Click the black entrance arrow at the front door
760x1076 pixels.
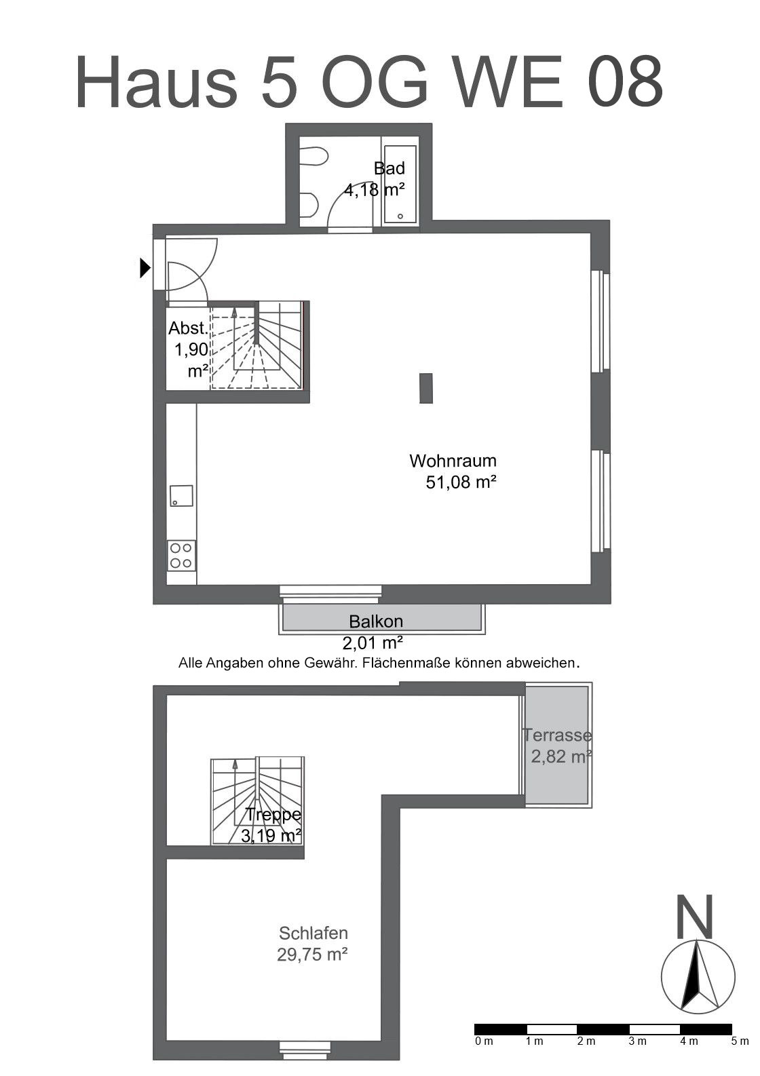[x=145, y=267]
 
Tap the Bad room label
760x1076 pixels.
[x=389, y=168]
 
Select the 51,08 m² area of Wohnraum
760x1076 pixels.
[x=461, y=482]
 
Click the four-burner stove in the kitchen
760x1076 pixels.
[x=181, y=555]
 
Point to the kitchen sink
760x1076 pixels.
[x=181, y=496]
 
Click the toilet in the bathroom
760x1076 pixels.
[x=313, y=155]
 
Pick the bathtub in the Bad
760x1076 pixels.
[x=400, y=185]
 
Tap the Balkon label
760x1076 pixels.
[x=376, y=621]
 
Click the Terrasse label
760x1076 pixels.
[x=557, y=735]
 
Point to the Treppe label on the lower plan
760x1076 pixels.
[x=273, y=814]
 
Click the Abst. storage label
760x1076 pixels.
[x=189, y=328]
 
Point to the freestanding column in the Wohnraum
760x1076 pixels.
[x=425, y=388]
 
